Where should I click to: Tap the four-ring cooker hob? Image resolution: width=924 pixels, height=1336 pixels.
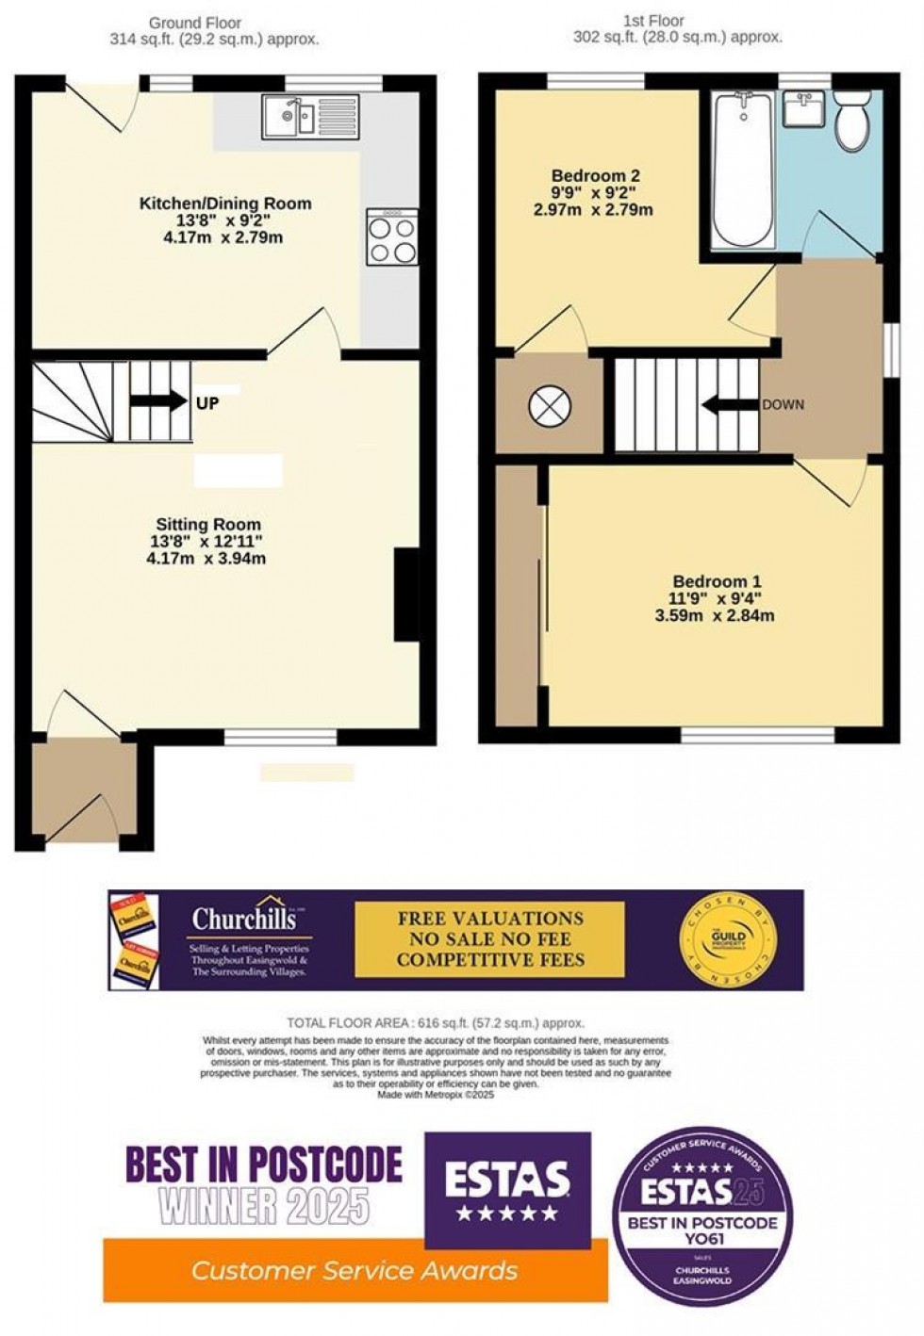(393, 239)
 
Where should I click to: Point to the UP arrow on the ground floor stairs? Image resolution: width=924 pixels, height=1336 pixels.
(159, 401)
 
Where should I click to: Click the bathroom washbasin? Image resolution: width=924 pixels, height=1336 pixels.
(803, 109)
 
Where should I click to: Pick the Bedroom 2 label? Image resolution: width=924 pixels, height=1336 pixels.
(595, 175)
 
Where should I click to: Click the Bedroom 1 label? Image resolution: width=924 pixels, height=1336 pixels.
(717, 582)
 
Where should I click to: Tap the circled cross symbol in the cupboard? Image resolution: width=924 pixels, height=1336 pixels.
(550, 406)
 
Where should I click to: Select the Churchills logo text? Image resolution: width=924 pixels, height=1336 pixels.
(244, 918)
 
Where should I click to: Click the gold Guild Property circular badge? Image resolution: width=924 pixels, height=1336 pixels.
(726, 939)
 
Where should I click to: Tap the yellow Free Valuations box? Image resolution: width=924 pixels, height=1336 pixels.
(489, 939)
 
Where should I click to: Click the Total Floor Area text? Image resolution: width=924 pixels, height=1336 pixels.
(436, 1022)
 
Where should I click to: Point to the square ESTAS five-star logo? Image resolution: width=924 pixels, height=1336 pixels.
(507, 1190)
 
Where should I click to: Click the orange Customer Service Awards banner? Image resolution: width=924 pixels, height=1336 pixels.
(355, 1270)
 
